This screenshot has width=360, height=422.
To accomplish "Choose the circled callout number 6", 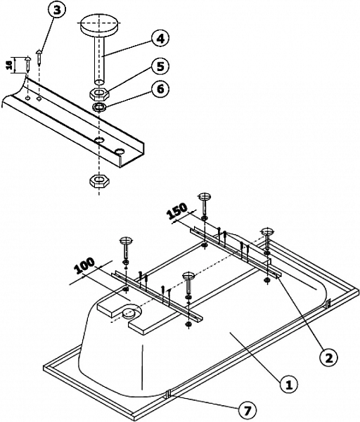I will coord(161,91).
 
